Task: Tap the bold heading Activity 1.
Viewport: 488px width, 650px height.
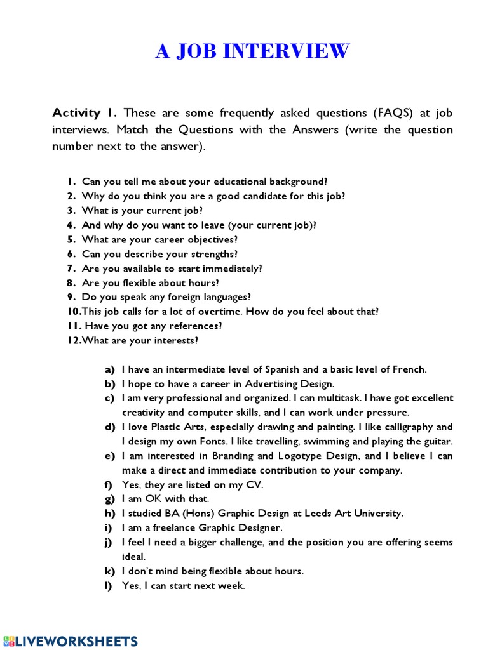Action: click(85, 113)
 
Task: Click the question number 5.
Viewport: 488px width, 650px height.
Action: click(71, 239)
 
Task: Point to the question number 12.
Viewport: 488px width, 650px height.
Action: click(72, 341)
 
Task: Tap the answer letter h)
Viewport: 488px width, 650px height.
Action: click(110, 513)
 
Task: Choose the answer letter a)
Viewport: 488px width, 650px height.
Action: click(110, 369)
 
